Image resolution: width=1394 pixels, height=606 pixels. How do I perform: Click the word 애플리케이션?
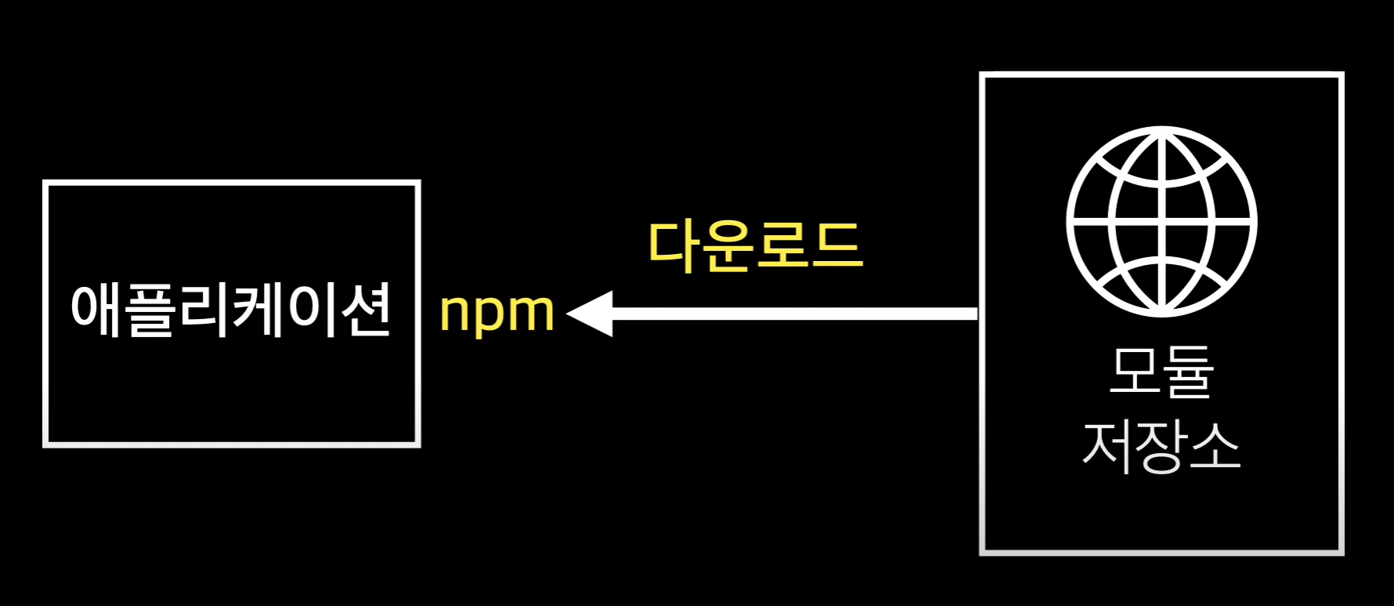pyautogui.click(x=230, y=310)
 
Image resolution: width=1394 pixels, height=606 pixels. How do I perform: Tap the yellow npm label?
pyautogui.click(x=497, y=314)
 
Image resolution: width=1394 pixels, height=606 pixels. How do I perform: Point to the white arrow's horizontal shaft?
pyautogui.click(x=791, y=314)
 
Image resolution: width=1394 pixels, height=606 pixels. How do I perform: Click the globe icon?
pyautogui.click(x=1161, y=222)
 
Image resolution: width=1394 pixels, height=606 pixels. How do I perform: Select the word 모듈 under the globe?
pyautogui.click(x=1161, y=372)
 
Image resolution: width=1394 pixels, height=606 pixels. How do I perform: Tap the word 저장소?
pyautogui.click(x=1161, y=446)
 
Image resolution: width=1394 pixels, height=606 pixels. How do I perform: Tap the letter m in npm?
pyautogui.click(x=531, y=314)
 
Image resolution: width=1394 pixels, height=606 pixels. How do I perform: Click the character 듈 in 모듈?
pyautogui.click(x=1188, y=372)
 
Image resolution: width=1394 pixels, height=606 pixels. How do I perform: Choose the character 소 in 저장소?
pyautogui.click(x=1215, y=446)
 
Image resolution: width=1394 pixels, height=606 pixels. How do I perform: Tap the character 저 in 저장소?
pyautogui.click(x=1108, y=446)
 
